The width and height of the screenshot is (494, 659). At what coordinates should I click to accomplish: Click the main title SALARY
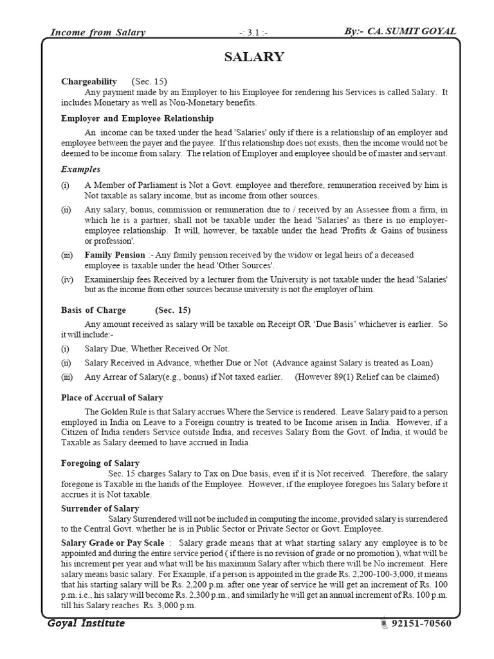(253, 57)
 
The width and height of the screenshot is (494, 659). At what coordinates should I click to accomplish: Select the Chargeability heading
(89, 82)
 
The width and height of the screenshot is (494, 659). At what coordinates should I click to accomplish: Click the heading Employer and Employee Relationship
(137, 118)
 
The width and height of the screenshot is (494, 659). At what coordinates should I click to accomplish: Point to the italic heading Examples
(80, 169)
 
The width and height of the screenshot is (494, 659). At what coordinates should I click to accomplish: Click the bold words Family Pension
(114, 255)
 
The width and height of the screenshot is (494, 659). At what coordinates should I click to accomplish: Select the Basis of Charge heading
(93, 310)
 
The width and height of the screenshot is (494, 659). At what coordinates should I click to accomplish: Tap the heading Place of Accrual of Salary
(112, 398)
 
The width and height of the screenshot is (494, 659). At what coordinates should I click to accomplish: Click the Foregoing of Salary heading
(100, 463)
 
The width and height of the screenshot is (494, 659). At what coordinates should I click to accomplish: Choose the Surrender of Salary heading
(100, 508)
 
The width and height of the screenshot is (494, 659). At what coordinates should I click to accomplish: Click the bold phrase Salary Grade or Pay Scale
(113, 543)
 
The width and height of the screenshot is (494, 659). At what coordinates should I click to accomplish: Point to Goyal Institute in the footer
(86, 624)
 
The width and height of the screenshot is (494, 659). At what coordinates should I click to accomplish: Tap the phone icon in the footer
(384, 624)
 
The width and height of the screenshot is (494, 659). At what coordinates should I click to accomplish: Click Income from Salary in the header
(97, 32)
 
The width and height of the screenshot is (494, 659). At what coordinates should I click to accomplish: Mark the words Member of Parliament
(133, 185)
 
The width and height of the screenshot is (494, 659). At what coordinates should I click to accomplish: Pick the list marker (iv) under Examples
(68, 279)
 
